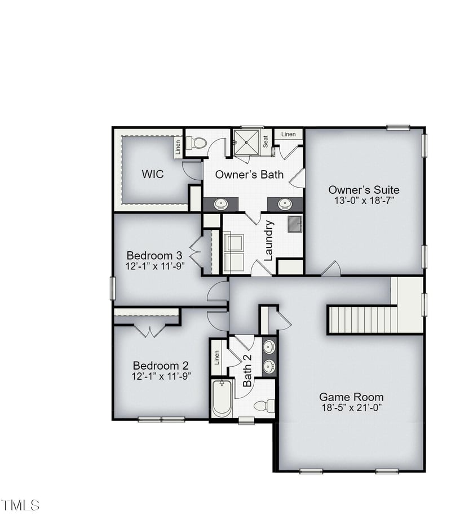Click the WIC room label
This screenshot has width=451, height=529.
coord(152,174)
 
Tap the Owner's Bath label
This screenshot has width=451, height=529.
coord(249,175)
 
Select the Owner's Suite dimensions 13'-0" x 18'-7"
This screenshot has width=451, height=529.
coord(364,201)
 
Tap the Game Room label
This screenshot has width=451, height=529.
coord(351,397)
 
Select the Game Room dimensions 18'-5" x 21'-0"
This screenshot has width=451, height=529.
coord(351,407)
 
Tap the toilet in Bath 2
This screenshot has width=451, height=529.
coord(263,405)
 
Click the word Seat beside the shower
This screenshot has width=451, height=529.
coord(265,142)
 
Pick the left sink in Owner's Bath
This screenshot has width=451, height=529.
coord(221,203)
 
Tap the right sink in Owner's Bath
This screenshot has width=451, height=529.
coord(285,203)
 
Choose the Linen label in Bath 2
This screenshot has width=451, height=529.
coord(216,358)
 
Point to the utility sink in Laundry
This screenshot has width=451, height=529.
coord(295,224)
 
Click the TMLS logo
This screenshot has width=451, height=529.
coord(20,505)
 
